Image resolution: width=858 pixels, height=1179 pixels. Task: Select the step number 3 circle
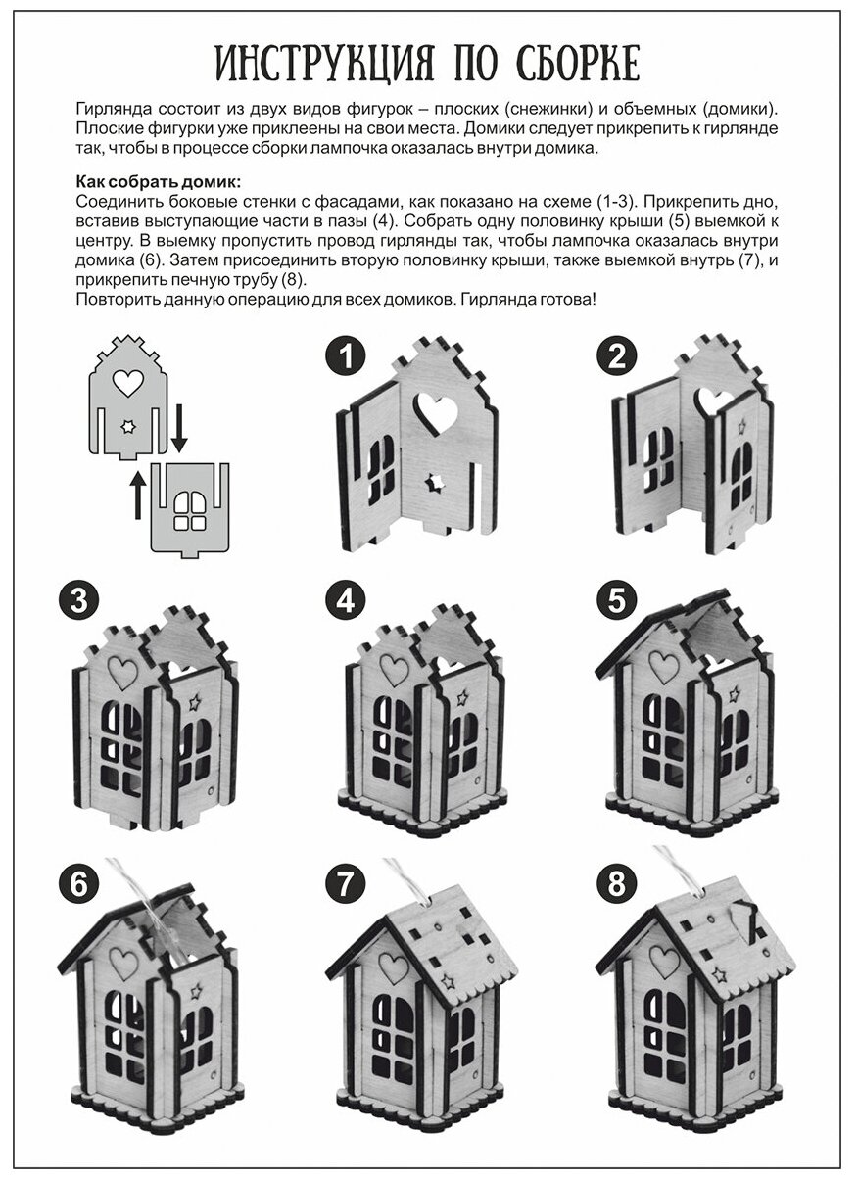pos(76,599)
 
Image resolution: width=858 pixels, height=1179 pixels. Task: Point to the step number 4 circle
pos(345,599)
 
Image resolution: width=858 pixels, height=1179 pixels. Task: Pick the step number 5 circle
pos(616,599)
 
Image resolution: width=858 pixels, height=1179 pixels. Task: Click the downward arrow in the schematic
pos(178,431)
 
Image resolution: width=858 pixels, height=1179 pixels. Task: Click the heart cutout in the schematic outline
pos(127,383)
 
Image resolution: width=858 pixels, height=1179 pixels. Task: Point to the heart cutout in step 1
pos(435,412)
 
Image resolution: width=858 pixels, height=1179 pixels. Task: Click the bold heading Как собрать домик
pos(157,182)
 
